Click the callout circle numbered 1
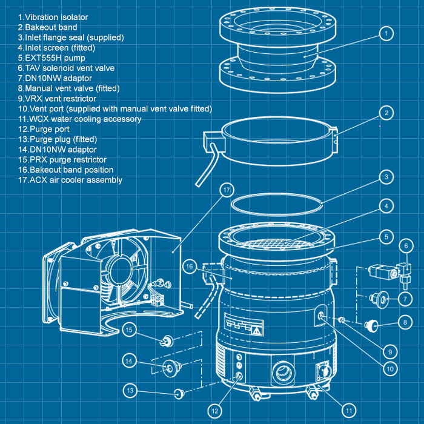click(385, 33)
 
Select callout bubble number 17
click(227, 190)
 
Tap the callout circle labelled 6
click(406, 245)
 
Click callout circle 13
click(130, 391)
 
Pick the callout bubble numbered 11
click(348, 410)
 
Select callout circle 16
click(190, 266)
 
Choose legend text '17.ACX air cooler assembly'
click(70, 180)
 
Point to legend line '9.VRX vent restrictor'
click(57, 98)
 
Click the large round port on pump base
click(284, 373)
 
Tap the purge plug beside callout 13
click(178, 394)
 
